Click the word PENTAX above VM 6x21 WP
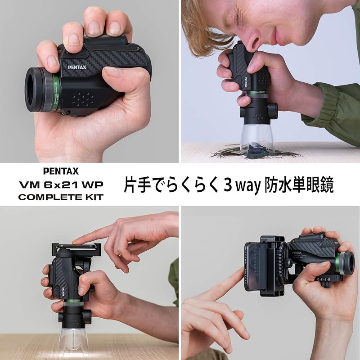click(61, 171)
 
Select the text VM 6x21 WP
click(61, 184)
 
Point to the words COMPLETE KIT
click(61, 197)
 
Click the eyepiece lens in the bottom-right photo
click(346, 265)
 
